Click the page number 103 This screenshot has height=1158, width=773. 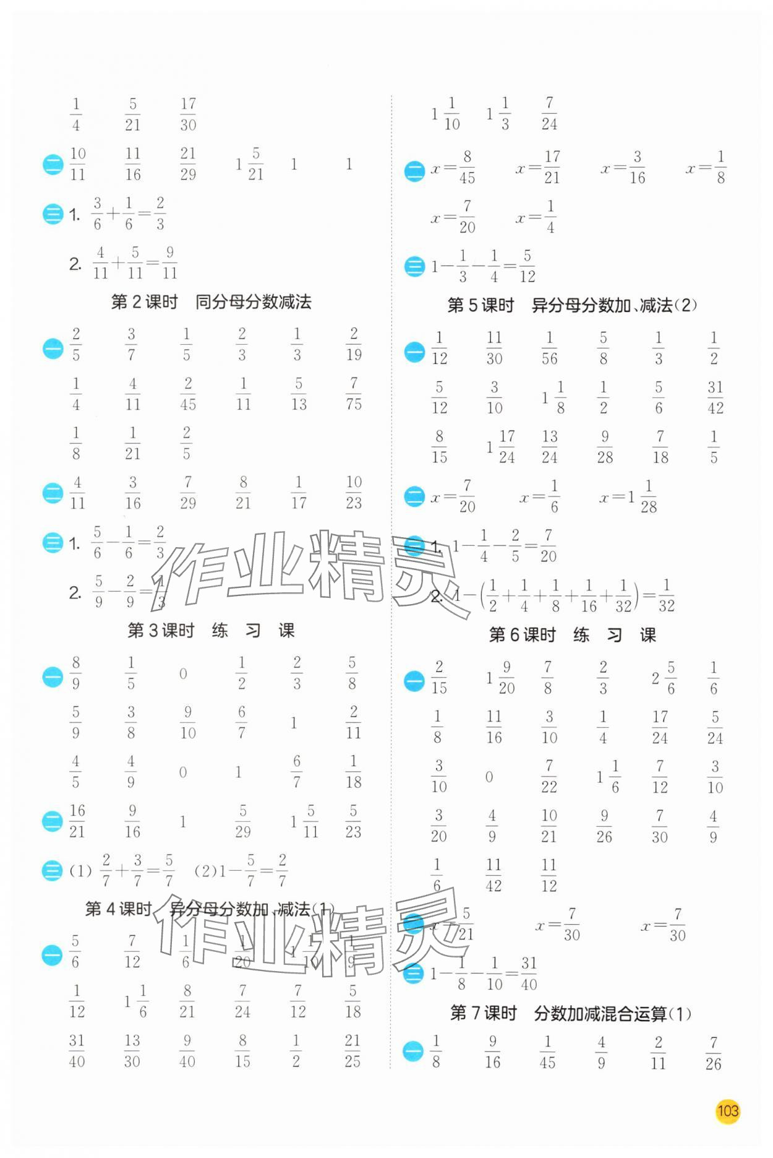(727, 1110)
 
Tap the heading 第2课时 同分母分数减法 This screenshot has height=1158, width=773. (211, 302)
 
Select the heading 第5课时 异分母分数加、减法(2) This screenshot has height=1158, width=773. (571, 305)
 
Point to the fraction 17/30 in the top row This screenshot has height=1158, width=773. (188, 115)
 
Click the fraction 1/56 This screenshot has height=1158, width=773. (549, 348)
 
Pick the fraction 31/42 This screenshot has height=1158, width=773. (715, 397)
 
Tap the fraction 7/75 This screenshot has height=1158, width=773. (354, 394)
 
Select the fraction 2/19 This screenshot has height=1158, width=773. (354, 344)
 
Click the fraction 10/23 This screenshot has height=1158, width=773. (354, 493)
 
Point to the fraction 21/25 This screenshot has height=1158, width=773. (352, 1051)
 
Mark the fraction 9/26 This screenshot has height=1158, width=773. (604, 826)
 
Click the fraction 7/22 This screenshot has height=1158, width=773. (549, 777)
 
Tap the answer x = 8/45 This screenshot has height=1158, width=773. (453, 168)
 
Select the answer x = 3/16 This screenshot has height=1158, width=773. (623, 168)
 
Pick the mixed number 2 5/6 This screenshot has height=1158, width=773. (663, 678)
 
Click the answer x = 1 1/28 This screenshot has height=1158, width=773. (628, 497)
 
